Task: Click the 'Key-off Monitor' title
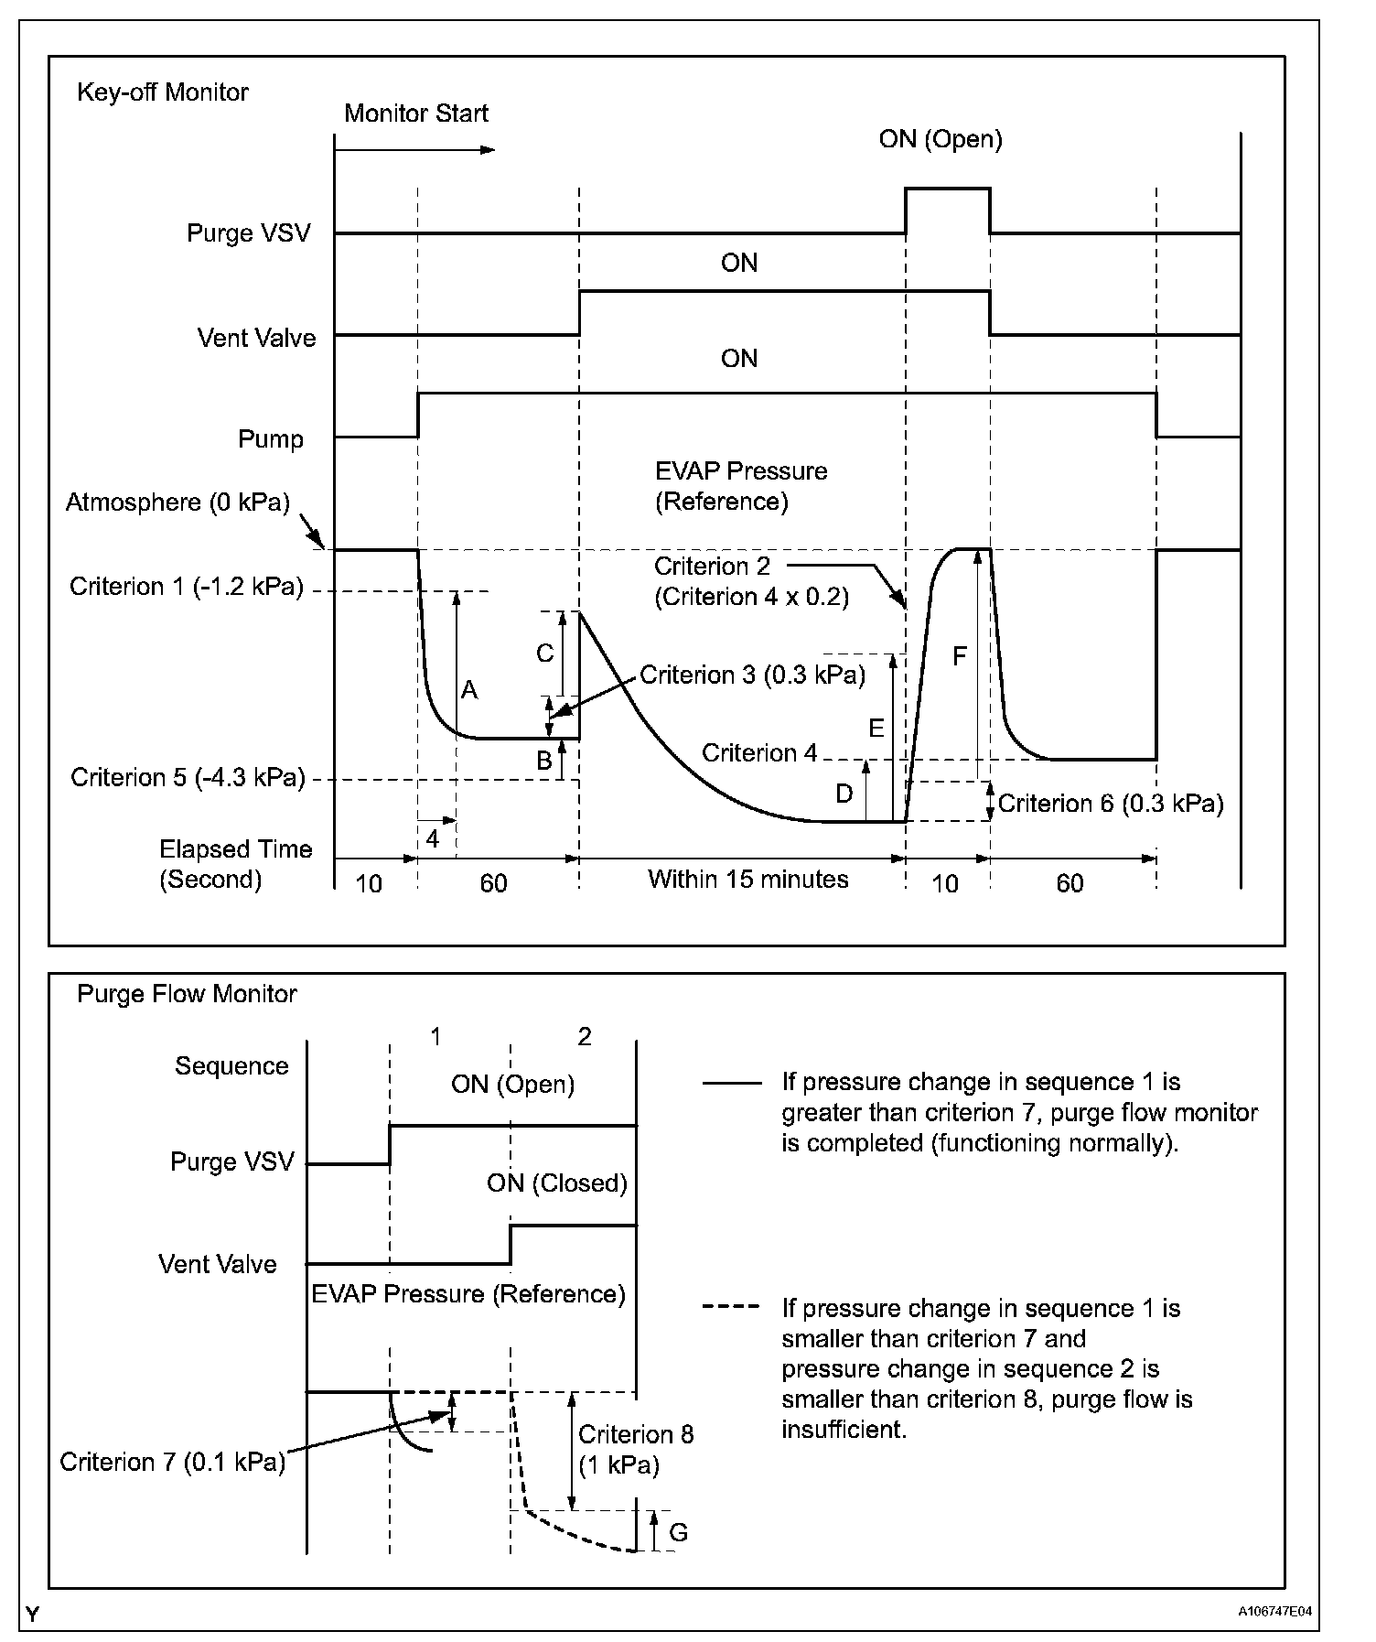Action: click(x=162, y=92)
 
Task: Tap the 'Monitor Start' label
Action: click(x=415, y=113)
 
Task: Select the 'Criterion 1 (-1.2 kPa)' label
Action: click(x=186, y=587)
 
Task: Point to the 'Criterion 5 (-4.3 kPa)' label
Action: click(x=187, y=777)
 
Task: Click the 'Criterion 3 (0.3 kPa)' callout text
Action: click(x=752, y=675)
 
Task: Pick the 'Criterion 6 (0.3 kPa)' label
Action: click(x=1110, y=804)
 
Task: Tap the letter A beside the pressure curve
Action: click(x=469, y=690)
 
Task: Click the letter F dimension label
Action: click(x=959, y=656)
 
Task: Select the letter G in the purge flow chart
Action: click(x=678, y=1532)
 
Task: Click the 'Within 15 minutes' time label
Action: click(x=747, y=880)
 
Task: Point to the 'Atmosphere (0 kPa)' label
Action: click(x=177, y=502)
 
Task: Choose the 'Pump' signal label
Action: click(x=270, y=439)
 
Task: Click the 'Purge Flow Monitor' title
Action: click(x=187, y=994)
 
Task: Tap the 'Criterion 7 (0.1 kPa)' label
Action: click(x=172, y=1462)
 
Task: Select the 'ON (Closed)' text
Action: click(x=556, y=1183)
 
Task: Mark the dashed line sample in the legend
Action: click(x=731, y=1306)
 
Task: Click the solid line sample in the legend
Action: click(x=731, y=1083)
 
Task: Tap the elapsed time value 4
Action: click(x=433, y=838)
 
